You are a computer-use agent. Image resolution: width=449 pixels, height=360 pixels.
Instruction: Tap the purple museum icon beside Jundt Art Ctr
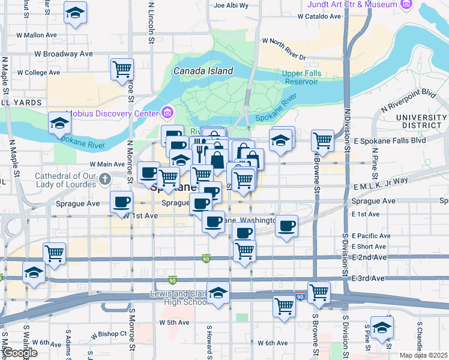pos(407,5)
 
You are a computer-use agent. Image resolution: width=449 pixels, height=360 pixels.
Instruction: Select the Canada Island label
pos(203,71)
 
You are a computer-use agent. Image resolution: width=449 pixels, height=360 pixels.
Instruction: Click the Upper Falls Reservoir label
pos(301,77)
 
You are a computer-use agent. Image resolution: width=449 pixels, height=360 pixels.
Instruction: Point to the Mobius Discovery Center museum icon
pos(167,112)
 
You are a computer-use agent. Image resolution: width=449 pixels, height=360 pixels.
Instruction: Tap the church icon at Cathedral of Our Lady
pos(105,178)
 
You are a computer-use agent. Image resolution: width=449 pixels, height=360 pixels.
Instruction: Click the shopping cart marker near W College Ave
pos(122,69)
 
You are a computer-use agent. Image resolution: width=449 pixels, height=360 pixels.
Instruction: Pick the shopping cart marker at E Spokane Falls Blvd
pos(322,140)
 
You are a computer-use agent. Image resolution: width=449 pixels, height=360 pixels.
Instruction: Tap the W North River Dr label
pos(284,49)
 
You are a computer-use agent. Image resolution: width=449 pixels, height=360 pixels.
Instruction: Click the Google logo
pos(20,353)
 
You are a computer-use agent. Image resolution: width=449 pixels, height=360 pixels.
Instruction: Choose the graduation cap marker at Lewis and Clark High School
pos(218,293)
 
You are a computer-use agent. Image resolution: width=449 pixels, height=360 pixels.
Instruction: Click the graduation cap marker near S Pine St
pos(381,326)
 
